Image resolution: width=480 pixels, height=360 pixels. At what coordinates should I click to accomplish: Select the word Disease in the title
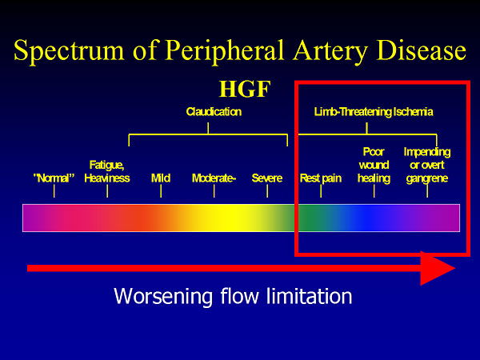[x=422, y=50]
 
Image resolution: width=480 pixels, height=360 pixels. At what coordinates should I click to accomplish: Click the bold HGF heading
[x=245, y=89]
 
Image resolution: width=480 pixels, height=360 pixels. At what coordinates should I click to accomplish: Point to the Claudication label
[x=214, y=112]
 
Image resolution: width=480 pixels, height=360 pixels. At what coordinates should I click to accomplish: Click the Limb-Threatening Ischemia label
[x=374, y=112]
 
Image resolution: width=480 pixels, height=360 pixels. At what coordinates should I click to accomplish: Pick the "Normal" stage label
[x=54, y=178]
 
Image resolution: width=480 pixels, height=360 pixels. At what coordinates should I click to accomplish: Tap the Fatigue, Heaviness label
[x=107, y=171]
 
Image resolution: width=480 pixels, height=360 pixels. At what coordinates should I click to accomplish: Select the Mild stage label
[x=161, y=178]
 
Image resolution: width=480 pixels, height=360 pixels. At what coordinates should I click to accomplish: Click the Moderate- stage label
[x=214, y=178]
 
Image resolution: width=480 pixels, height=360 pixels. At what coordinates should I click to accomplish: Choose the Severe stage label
[x=267, y=178]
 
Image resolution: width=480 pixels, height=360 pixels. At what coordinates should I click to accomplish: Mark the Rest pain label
[x=321, y=178]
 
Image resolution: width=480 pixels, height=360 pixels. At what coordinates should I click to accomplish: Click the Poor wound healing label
[x=374, y=165]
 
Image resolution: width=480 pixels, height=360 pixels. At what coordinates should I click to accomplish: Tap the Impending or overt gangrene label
[x=427, y=165]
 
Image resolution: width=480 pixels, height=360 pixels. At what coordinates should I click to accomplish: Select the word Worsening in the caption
[x=163, y=297]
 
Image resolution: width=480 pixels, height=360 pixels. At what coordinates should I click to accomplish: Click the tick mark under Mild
[x=161, y=191]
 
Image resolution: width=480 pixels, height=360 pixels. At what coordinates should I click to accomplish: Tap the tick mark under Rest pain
[x=321, y=191]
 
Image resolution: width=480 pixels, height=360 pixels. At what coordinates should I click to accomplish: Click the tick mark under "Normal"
[x=54, y=191]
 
